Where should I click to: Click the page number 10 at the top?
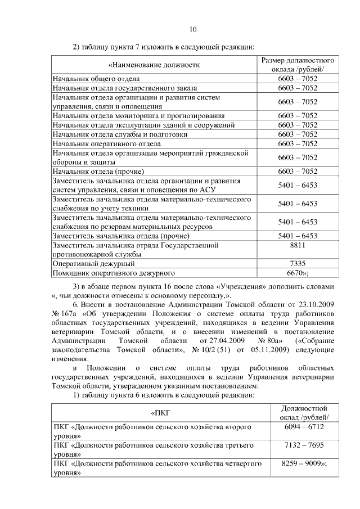coord(193,29)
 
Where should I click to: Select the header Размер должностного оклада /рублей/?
coord(298,65)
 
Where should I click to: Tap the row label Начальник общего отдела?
coord(96,79)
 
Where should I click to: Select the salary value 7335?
coord(298,263)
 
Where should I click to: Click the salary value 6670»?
coord(298,273)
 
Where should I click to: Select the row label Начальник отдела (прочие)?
coord(99,171)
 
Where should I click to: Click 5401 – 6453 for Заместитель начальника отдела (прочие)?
coord(298,236)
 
